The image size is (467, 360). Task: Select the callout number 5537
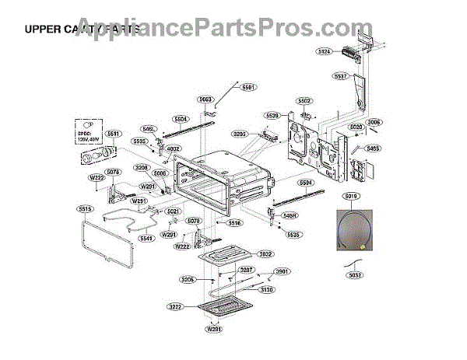pos(340,76)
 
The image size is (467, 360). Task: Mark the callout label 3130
pos(267,290)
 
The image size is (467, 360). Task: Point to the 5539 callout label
pos(272,115)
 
